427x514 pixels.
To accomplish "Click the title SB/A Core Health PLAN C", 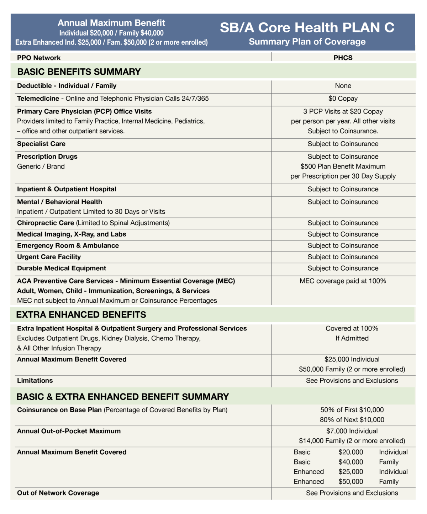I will [307, 28].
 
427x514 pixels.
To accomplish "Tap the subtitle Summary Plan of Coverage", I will [307, 42].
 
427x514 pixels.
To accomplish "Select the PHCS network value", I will [343, 58].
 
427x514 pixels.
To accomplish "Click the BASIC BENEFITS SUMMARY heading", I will [79, 72].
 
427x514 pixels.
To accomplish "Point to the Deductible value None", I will [343, 86].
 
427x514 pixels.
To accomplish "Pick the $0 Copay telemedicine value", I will [343, 99].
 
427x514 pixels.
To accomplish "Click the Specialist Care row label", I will [41, 144].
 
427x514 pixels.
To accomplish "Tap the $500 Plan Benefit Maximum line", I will [343, 166].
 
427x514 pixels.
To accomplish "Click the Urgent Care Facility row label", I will [49, 257].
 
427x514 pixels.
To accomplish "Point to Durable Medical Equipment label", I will [62, 268].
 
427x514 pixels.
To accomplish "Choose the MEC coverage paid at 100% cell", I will [343, 281].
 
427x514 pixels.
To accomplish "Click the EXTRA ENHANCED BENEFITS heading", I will [81, 315].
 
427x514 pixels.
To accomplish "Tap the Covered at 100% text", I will [352, 328].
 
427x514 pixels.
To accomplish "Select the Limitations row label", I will [35, 381].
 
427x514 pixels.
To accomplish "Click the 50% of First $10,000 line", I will [352, 410].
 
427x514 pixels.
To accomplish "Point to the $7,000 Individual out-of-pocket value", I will [352, 431].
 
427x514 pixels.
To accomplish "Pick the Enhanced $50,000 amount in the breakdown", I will [351, 482].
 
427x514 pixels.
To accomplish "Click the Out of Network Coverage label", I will [58, 493].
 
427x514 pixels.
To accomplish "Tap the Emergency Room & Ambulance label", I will [68, 245].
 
